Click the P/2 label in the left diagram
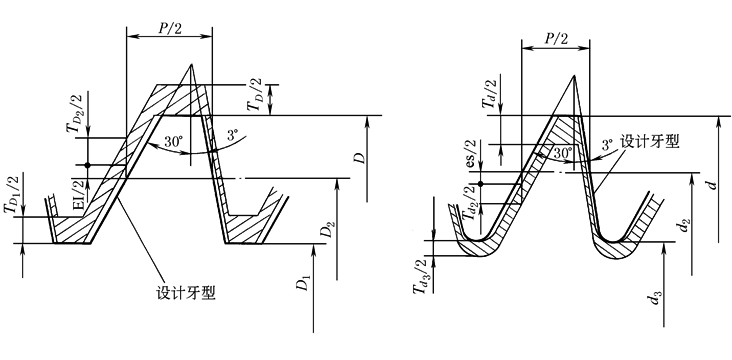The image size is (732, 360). click(x=169, y=28)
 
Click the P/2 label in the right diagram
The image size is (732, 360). click(x=556, y=38)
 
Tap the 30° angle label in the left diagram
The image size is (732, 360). click(x=174, y=142)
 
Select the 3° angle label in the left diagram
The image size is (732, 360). click(x=232, y=136)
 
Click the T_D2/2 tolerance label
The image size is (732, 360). click(x=75, y=113)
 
